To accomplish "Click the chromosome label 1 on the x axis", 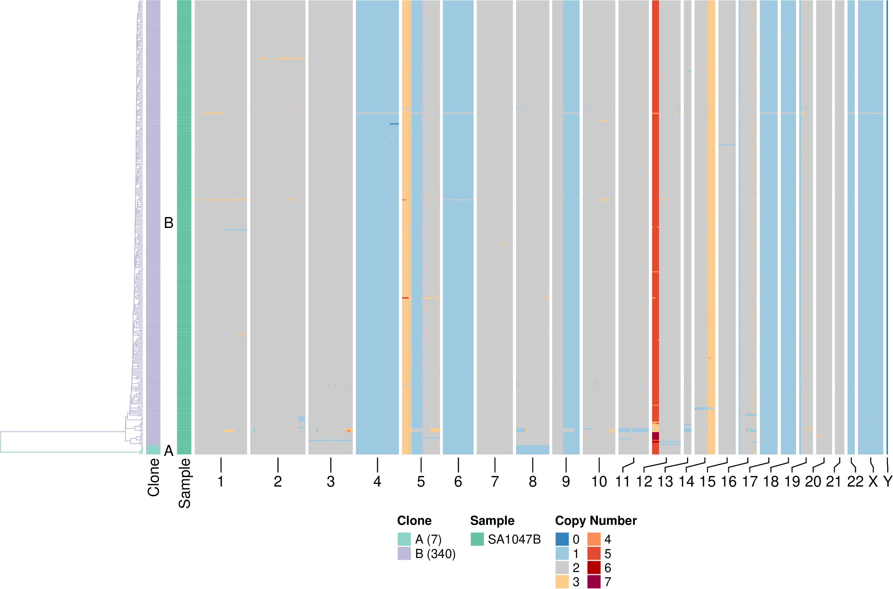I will point(220,482).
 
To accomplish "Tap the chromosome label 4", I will point(377,482).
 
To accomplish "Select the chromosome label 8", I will point(532,482).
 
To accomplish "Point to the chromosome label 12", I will point(644,482).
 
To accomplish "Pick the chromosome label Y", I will point(888,482).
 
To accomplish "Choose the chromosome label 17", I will point(750,482).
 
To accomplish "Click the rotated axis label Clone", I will point(154,478).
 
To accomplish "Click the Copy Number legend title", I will point(595,520).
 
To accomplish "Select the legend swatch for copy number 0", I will point(562,539).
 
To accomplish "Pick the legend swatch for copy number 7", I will point(594,582).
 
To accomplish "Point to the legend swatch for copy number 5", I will point(594,553).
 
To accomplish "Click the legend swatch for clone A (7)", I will point(404,539).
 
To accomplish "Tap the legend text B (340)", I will point(435,554).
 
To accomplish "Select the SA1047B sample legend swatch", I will point(477,539).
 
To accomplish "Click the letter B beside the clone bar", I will point(169,223).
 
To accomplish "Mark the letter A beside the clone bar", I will point(169,450).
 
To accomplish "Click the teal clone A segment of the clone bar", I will point(153,450).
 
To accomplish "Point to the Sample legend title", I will point(492,520).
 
